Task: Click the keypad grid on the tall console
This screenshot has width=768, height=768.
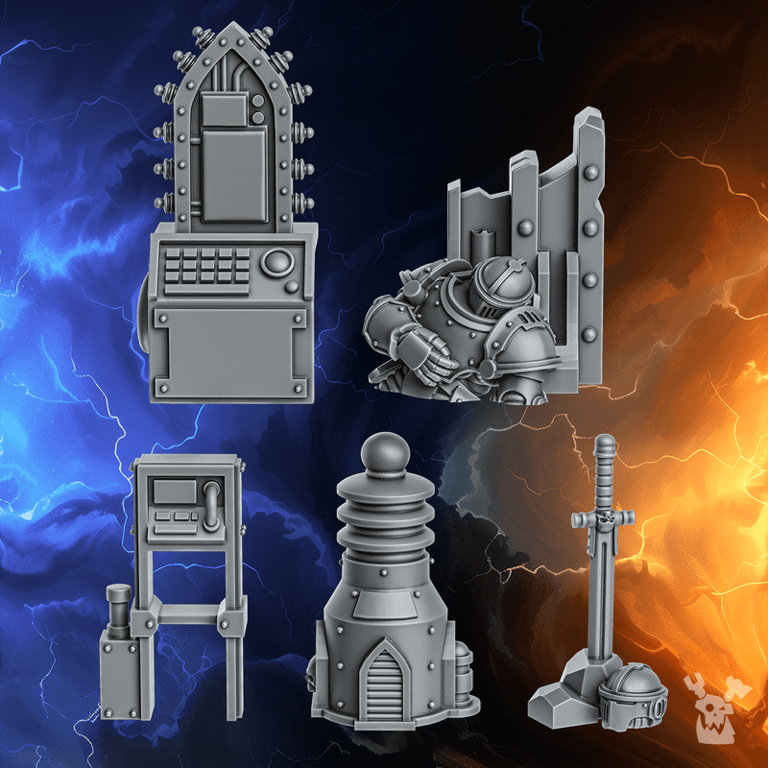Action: point(207,270)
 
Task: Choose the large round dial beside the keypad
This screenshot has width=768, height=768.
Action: point(277,261)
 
